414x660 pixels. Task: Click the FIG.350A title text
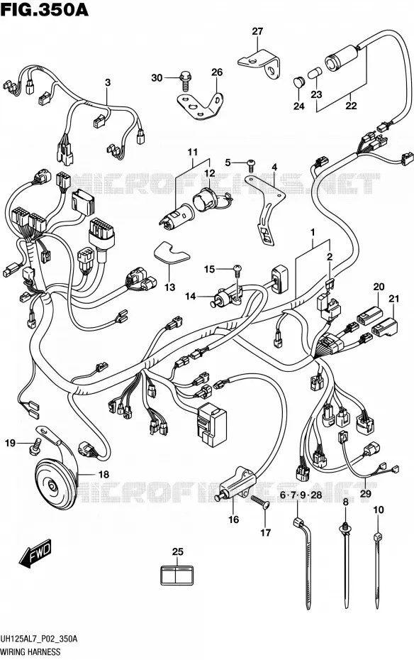(45, 9)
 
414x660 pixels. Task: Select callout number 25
(178, 551)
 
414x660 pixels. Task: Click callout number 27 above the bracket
(257, 31)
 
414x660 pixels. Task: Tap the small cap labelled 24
(298, 82)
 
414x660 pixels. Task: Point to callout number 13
(169, 288)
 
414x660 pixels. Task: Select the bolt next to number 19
(35, 446)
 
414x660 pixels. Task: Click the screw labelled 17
(260, 502)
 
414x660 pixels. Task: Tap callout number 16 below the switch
(233, 519)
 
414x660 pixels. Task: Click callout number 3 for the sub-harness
(108, 82)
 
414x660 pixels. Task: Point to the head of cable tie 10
(377, 537)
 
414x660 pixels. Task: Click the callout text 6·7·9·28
(301, 495)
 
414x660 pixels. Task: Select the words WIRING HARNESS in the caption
(30, 652)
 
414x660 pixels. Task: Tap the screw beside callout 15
(237, 270)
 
